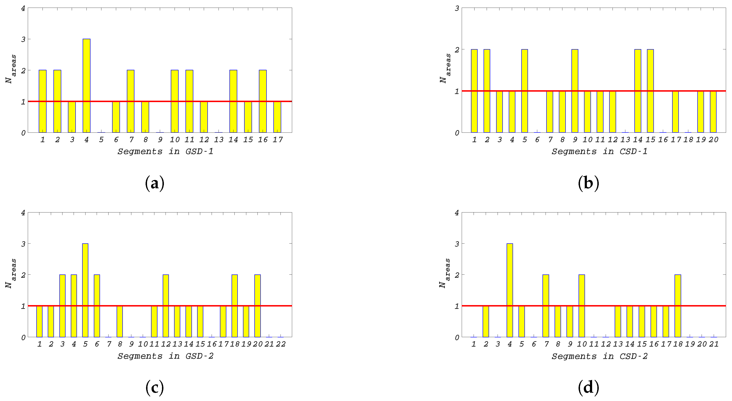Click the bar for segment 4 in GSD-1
87,85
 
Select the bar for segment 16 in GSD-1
263,101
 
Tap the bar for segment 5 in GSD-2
85,290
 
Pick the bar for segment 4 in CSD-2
510,290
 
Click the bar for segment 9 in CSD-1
575,91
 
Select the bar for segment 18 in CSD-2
678,306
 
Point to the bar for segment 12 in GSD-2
166,306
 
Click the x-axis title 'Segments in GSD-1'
165,151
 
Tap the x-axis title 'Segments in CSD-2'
599,356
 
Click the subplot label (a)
155,183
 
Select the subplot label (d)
589,388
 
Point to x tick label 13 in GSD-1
219,140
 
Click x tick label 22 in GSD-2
281,344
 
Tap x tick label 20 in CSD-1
713,140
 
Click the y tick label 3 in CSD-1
457,8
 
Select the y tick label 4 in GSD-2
23,213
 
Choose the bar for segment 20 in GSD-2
257,306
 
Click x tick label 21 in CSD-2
714,344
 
